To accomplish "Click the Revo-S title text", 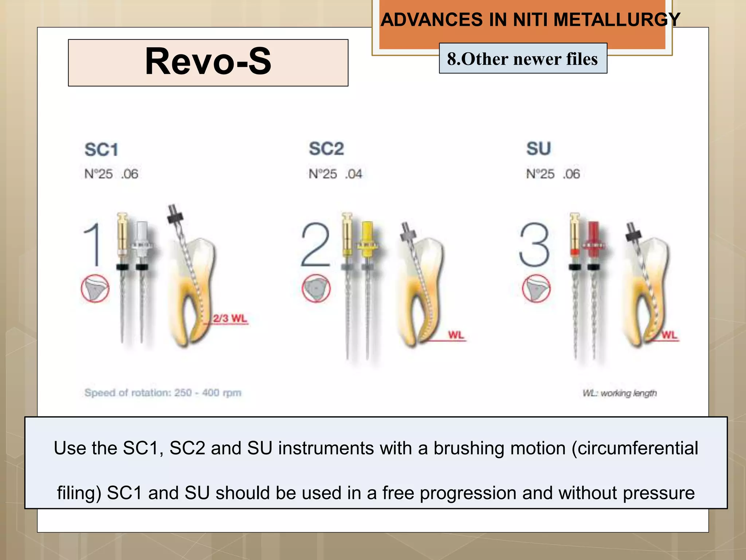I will tap(208, 62).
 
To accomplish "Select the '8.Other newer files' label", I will tap(523, 59).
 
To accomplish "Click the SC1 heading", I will tap(101, 150).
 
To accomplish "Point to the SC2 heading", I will tap(326, 149).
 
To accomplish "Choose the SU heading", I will tap(538, 149).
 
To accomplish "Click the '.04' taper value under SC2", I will tap(354, 174).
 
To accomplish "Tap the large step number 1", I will tap(93, 245).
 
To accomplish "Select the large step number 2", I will tap(315, 245).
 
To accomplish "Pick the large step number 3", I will tap(534, 245).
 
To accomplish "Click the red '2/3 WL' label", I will tap(230, 318).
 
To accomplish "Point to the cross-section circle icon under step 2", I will tap(316, 288).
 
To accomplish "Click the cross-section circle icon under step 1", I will tap(95, 288).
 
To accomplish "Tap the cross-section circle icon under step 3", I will tap(536, 288).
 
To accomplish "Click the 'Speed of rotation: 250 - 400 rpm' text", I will tap(163, 393).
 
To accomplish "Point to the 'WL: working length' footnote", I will tap(620, 393).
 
